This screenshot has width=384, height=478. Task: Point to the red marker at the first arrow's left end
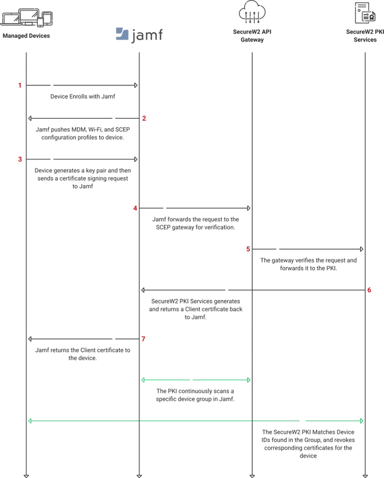[x=21, y=85]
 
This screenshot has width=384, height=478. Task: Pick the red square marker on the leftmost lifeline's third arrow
[x=19, y=159]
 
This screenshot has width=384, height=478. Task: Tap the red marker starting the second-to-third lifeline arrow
[x=135, y=208]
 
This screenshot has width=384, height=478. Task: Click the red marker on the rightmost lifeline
[x=369, y=290]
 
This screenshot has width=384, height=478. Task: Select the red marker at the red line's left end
[x=144, y=339]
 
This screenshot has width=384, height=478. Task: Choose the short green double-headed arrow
[x=196, y=380]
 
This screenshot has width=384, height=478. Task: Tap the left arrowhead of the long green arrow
[x=30, y=421]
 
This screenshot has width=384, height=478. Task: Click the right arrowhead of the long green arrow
[x=361, y=421]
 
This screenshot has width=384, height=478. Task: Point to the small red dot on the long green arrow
[x=301, y=421]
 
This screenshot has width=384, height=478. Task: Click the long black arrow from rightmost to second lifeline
[x=254, y=290]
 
